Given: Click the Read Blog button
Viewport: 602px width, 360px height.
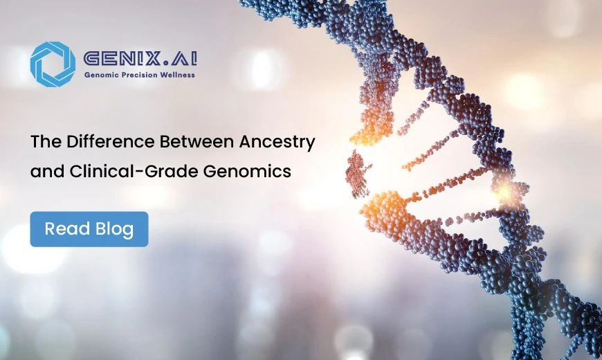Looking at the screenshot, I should pos(89,229).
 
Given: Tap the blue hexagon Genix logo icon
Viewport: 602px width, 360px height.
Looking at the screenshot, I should pos(53,64).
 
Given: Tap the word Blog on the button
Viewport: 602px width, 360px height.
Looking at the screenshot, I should pos(115,229).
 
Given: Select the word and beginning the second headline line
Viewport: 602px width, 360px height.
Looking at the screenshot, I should pos(46,172).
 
